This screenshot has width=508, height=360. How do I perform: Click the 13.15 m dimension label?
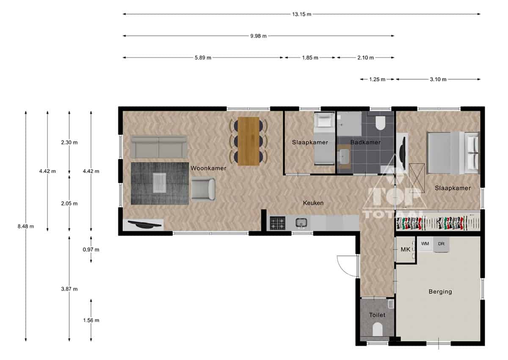point(301,14)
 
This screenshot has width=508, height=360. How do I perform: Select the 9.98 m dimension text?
point(258,36)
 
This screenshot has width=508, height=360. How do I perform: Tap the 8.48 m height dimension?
point(26,226)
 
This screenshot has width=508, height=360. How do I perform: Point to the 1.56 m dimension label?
point(91,320)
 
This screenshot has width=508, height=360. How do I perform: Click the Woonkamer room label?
point(208,168)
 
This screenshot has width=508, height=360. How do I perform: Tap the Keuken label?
point(313,203)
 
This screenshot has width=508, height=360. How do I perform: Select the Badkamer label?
point(365,142)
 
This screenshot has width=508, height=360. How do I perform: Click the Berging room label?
point(440,291)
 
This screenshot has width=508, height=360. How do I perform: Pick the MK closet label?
point(405,249)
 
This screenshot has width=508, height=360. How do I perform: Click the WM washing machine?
point(425,244)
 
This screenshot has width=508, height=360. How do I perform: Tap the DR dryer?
point(441,244)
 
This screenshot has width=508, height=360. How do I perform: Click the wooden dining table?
point(248,141)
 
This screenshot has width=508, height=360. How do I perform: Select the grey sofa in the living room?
point(159,147)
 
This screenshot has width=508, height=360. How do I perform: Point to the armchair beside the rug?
point(203,189)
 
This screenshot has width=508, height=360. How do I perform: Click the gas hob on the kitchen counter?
point(277,223)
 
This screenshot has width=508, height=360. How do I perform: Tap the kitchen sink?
point(301,222)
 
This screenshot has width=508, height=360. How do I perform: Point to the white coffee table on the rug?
point(160,183)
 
